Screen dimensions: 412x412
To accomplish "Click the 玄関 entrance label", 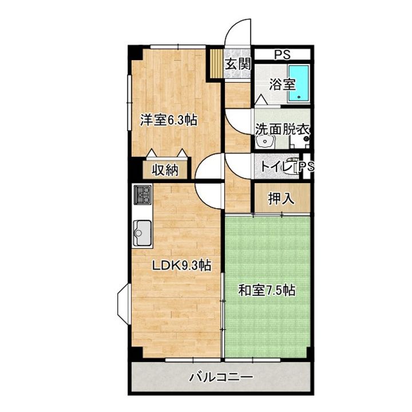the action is [238, 64].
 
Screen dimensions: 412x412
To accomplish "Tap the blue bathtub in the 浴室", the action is [299, 83].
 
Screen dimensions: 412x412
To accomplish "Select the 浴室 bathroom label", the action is [282, 84].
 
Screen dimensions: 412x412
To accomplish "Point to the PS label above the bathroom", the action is [283, 55].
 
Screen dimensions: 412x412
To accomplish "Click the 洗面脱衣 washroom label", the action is [283, 129].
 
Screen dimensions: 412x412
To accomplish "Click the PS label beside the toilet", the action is [306, 167].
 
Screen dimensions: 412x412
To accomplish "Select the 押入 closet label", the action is [281, 199].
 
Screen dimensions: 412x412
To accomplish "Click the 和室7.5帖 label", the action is [267, 290].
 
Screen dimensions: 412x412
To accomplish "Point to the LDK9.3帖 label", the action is [182, 266].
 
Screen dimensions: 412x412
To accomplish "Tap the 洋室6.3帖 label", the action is [169, 120].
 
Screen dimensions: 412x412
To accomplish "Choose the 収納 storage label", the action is [165, 171].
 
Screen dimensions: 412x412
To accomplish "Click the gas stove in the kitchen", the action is [142, 195].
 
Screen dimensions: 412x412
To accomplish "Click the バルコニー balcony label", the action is [221, 378].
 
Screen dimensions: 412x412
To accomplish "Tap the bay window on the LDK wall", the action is [124, 304].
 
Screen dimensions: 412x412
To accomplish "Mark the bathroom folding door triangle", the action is [261, 100].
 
